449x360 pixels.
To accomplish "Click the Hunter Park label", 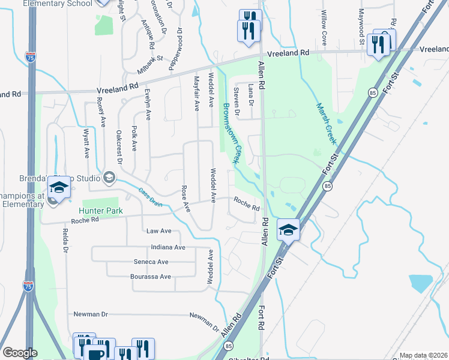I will coord(101,211).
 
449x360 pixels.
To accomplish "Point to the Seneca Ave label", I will coord(151,262).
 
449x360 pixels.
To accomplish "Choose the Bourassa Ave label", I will coord(151,277).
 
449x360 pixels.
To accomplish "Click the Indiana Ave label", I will coord(168,247).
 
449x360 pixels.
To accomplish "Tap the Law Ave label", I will coord(159,231).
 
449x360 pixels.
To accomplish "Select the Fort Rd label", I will coord(262,319).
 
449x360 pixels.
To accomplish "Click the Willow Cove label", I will coord(324,28).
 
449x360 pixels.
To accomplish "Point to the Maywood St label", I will coord(362,27).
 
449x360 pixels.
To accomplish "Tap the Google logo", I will coord(20,353).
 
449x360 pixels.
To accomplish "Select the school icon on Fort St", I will coord(289,230).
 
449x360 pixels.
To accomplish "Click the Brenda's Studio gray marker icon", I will coord(109,176).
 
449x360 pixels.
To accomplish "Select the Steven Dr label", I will coord(237,101).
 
